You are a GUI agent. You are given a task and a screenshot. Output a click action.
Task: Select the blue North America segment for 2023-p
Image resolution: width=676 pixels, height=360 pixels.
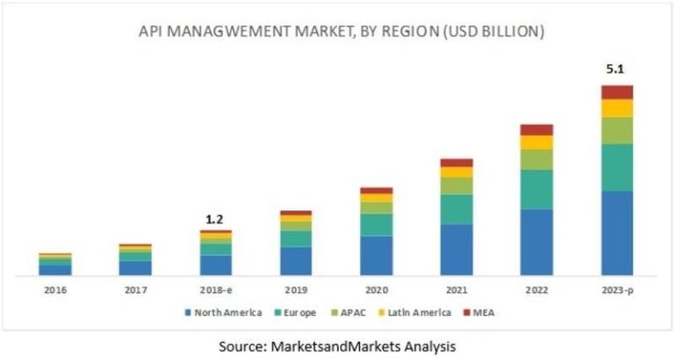pyautogui.click(x=617, y=232)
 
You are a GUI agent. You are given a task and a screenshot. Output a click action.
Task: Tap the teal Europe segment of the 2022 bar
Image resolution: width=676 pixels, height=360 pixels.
pyautogui.click(x=536, y=189)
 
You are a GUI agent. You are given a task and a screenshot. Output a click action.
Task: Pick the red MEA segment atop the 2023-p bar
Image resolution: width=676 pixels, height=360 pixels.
pyautogui.click(x=617, y=92)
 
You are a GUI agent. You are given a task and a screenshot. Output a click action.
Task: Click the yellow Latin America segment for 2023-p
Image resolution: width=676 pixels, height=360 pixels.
pyautogui.click(x=617, y=108)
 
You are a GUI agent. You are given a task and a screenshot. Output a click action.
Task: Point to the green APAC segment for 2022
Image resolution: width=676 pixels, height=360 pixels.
pyautogui.click(x=536, y=159)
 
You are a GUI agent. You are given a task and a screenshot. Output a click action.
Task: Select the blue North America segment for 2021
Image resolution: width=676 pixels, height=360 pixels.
pyautogui.click(x=456, y=249)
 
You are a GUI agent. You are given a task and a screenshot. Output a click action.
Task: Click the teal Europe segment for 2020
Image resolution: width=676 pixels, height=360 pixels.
pyautogui.click(x=376, y=224)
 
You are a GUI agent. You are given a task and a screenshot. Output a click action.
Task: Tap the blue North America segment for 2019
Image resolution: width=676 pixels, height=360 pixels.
pyautogui.click(x=296, y=261)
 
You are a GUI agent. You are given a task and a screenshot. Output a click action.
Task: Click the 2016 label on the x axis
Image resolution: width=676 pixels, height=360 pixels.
pyautogui.click(x=55, y=289)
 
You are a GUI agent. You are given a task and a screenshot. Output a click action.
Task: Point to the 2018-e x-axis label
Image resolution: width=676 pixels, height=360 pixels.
pyautogui.click(x=216, y=289)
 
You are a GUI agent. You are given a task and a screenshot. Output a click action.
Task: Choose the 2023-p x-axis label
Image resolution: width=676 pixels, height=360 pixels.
pyautogui.click(x=617, y=289)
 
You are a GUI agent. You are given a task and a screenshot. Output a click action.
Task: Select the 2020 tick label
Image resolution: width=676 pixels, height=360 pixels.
pyautogui.click(x=376, y=289)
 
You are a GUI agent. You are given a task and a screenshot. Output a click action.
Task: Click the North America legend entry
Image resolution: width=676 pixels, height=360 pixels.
pyautogui.click(x=224, y=312)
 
